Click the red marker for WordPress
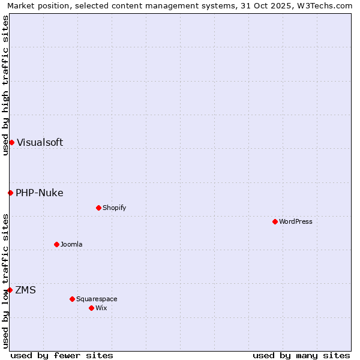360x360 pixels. tap(275, 221)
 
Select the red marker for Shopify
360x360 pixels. tap(98, 208)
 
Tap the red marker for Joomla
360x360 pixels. tap(56, 244)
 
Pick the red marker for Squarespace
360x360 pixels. tap(72, 299)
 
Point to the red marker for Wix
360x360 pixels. tap(91, 308)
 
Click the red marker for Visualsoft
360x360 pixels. tap(11, 142)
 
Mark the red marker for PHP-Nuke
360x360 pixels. tap(10, 193)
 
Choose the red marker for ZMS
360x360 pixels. tap(10, 290)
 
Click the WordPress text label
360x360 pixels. tap(296, 221)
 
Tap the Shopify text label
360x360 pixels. tap(114, 208)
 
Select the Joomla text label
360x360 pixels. tap(71, 244)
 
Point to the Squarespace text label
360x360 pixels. tap(97, 299)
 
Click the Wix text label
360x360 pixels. tap(101, 308)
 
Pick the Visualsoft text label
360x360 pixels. tap(40, 142)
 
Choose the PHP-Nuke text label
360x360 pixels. tap(40, 193)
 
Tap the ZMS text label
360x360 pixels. tap(25, 290)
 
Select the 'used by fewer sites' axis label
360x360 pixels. tap(62, 355)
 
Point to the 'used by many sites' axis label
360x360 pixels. tap(301, 355)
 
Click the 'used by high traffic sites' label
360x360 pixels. tap(5, 85)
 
